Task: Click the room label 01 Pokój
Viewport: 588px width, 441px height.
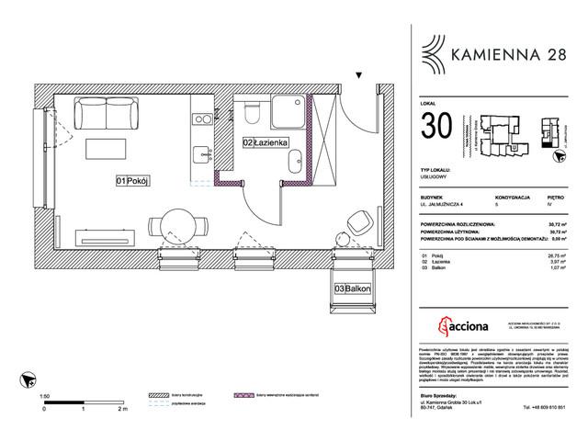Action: (x=132, y=181)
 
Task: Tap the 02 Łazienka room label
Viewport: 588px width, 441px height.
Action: (x=266, y=143)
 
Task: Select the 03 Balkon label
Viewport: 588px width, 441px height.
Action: (x=352, y=288)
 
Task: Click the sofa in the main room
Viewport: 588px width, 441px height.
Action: (x=106, y=114)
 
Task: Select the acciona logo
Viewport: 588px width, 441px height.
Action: (x=461, y=327)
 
